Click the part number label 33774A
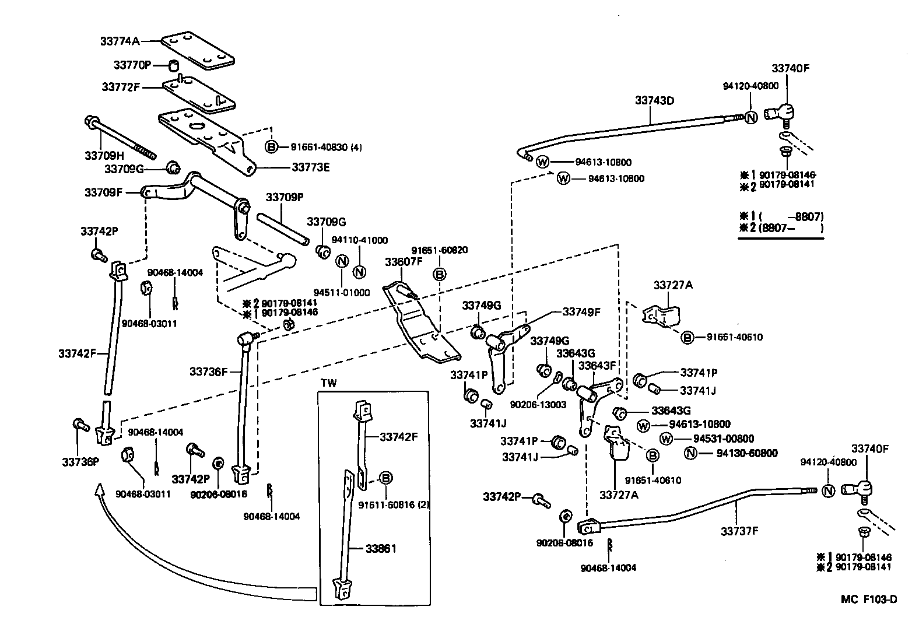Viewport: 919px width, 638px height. (120, 41)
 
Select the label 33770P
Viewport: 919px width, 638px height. (132, 64)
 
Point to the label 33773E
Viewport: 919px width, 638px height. (310, 167)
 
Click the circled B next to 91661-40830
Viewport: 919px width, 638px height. (272, 147)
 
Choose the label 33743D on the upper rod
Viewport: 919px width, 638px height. (654, 100)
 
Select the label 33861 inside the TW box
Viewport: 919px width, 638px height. (381, 549)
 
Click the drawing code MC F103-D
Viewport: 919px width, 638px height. (868, 600)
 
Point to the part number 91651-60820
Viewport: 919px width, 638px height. (439, 250)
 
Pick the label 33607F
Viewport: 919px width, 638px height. (404, 262)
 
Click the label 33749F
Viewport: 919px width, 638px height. (581, 312)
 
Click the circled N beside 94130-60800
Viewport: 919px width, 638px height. (690, 453)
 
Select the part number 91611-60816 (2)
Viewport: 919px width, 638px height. (394, 504)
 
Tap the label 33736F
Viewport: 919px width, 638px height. (208, 371)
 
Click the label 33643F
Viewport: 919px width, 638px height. (597, 366)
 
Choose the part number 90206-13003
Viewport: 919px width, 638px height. (538, 404)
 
